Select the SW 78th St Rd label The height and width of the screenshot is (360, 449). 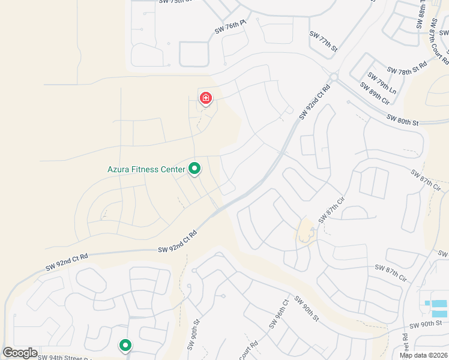click(x=407, y=67)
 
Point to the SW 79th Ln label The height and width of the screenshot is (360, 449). click(x=382, y=83)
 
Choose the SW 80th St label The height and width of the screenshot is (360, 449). click(x=402, y=119)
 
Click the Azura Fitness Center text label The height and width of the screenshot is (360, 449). click(x=146, y=170)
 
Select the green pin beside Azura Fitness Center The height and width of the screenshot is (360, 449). click(x=194, y=170)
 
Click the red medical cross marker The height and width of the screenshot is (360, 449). click(x=206, y=98)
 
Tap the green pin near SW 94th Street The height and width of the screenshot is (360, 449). click(x=125, y=345)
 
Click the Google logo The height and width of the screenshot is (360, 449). click(x=20, y=352)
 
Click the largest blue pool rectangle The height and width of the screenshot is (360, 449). click(x=439, y=313)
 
